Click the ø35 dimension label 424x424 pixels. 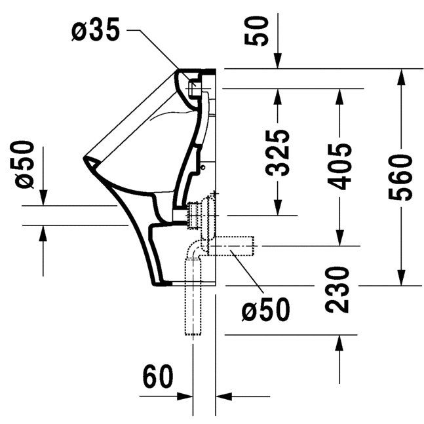(96, 31)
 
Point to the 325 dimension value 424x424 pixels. (278, 153)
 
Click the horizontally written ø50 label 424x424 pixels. (265, 310)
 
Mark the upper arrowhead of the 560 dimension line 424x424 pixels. (399, 75)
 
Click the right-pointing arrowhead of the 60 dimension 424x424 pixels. (187, 396)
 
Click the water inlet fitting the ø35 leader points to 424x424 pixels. (194, 85)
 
